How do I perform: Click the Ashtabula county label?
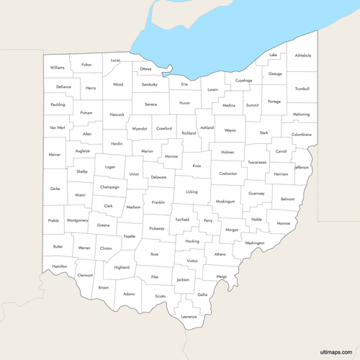[x=302, y=55]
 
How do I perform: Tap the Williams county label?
[x=58, y=67]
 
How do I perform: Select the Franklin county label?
[x=158, y=202]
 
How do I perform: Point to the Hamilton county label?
[x=60, y=266]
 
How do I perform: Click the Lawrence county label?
[x=189, y=317]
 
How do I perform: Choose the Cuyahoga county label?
[x=243, y=81]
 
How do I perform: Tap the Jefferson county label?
[x=302, y=167]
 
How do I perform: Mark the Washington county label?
[x=254, y=243]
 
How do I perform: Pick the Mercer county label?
[x=55, y=155]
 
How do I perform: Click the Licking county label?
[x=191, y=192]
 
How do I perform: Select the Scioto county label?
[x=160, y=296]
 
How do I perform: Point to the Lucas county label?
[x=115, y=60]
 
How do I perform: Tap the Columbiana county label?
[x=302, y=135]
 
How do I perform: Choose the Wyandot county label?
[x=138, y=128]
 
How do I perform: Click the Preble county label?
[x=53, y=220]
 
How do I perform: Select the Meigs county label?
[x=221, y=276]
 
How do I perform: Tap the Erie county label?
[x=184, y=85]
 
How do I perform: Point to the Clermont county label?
[x=85, y=275]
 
